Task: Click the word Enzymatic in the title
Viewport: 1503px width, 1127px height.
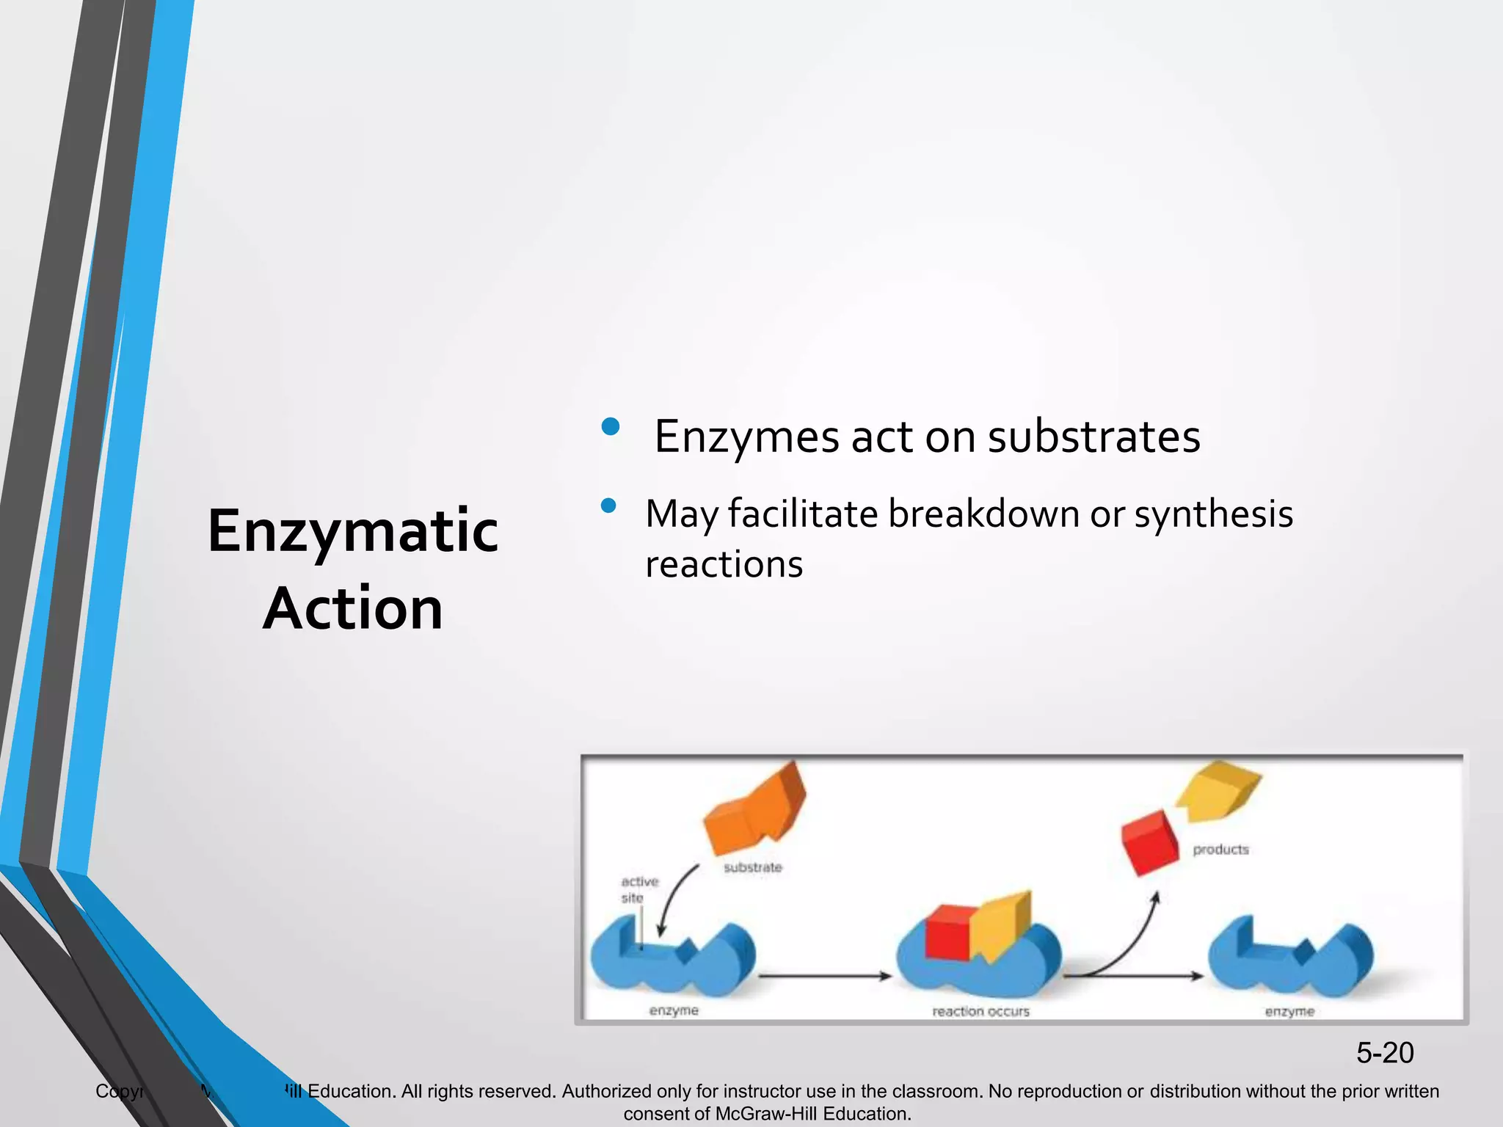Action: click(x=353, y=531)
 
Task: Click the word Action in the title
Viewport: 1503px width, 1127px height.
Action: click(x=353, y=609)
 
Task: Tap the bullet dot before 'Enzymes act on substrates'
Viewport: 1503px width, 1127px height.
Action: click(x=610, y=427)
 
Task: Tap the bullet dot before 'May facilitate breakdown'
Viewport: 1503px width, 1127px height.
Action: click(x=608, y=506)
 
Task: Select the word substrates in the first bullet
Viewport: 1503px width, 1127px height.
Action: click(x=1093, y=437)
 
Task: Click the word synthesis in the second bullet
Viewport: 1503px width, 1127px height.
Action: click(x=1213, y=514)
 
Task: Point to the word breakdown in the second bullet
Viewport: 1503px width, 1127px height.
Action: click(x=983, y=514)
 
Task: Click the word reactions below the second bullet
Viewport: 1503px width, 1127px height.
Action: click(x=724, y=565)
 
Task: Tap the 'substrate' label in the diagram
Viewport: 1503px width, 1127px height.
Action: click(x=753, y=867)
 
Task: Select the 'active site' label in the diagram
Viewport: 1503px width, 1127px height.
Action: click(x=638, y=889)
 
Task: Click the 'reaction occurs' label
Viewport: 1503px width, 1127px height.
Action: click(x=980, y=1011)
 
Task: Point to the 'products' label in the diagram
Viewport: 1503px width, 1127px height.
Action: click(x=1220, y=850)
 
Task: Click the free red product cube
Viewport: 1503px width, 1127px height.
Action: click(x=1150, y=842)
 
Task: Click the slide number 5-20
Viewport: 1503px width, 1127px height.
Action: click(x=1384, y=1053)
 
